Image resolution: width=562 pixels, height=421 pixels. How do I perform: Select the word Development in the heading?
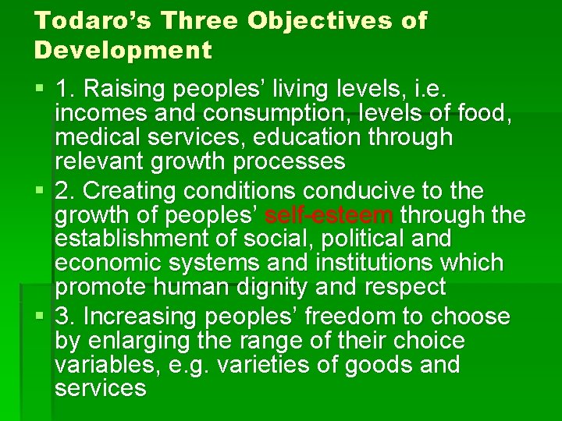(x=123, y=51)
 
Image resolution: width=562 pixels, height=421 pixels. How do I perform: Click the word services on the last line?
(x=100, y=388)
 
